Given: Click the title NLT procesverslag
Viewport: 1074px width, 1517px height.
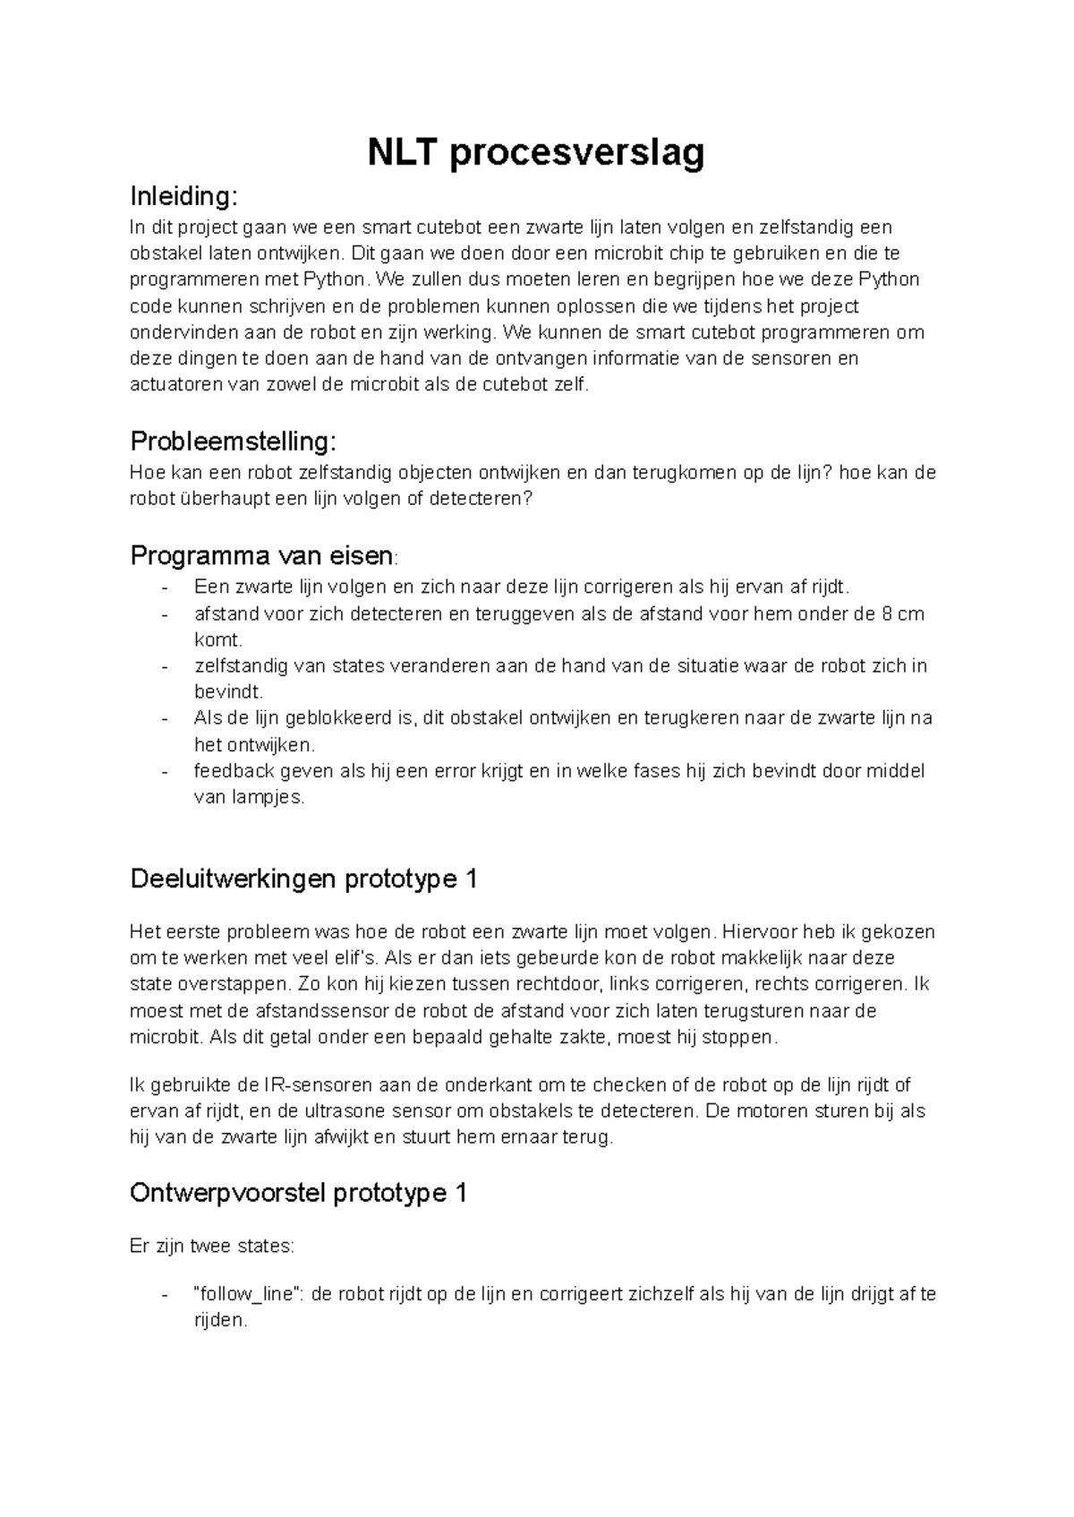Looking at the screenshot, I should tap(536, 153).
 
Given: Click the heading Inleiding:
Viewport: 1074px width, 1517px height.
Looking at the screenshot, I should tap(184, 195).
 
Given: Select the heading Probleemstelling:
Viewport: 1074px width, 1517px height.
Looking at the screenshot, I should tap(234, 441).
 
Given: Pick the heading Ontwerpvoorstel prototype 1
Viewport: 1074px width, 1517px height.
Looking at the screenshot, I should tap(298, 1193).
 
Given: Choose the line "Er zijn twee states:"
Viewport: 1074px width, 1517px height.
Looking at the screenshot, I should tap(211, 1246).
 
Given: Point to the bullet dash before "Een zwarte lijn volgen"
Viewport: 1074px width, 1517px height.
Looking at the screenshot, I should tap(165, 588).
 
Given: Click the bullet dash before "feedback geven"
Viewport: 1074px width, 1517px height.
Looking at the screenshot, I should tap(165, 771).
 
